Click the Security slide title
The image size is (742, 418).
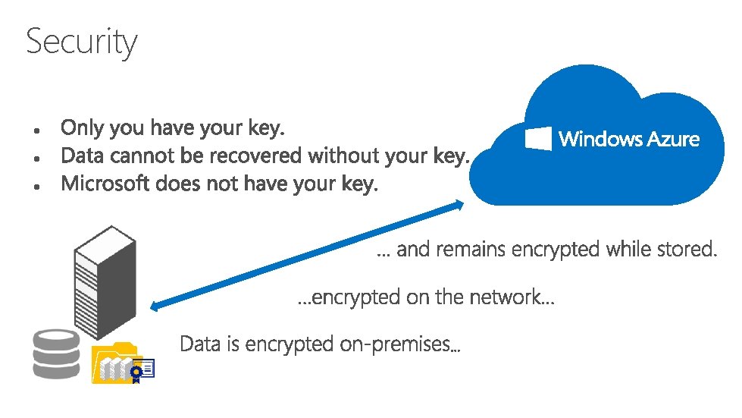click(x=82, y=41)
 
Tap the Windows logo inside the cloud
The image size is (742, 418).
click(x=538, y=138)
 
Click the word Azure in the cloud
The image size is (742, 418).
click(x=668, y=139)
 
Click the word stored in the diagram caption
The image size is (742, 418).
click(x=686, y=249)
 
